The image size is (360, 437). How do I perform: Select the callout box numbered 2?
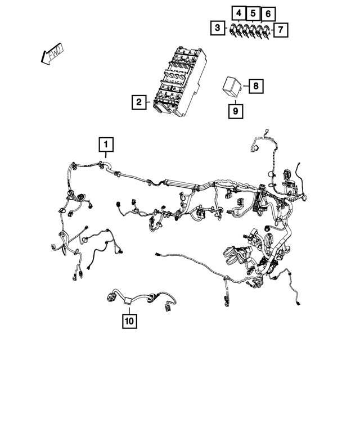[x=137, y=102]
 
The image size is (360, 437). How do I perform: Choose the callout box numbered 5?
[x=253, y=12]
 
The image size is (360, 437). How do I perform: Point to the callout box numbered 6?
[x=268, y=12]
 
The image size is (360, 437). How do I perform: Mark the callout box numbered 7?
[x=281, y=29]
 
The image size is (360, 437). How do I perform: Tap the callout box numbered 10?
[x=130, y=321]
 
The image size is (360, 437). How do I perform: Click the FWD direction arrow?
[x=51, y=55]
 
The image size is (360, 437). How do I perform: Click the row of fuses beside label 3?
[x=249, y=31]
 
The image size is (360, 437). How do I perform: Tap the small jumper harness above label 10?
[x=141, y=299]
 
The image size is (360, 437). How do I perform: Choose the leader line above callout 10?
[x=130, y=308]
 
